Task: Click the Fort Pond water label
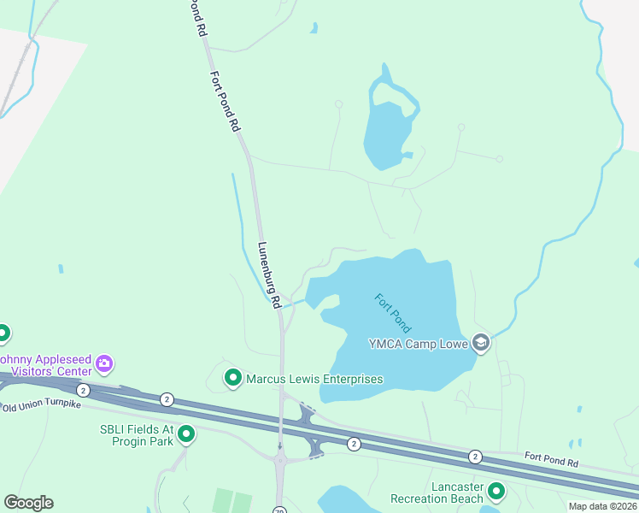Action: [393, 313]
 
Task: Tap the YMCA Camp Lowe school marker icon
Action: [480, 344]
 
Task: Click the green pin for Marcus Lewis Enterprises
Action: [232, 377]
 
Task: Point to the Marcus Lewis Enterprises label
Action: [314, 379]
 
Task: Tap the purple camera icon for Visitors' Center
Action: [105, 364]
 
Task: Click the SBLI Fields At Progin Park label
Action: [137, 434]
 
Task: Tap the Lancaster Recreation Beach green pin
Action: [495, 492]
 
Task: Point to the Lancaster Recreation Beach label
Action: [437, 492]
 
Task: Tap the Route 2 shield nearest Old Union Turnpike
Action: [83, 390]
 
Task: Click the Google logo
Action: [28, 503]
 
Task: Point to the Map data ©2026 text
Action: [602, 506]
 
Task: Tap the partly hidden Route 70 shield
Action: [279, 510]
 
